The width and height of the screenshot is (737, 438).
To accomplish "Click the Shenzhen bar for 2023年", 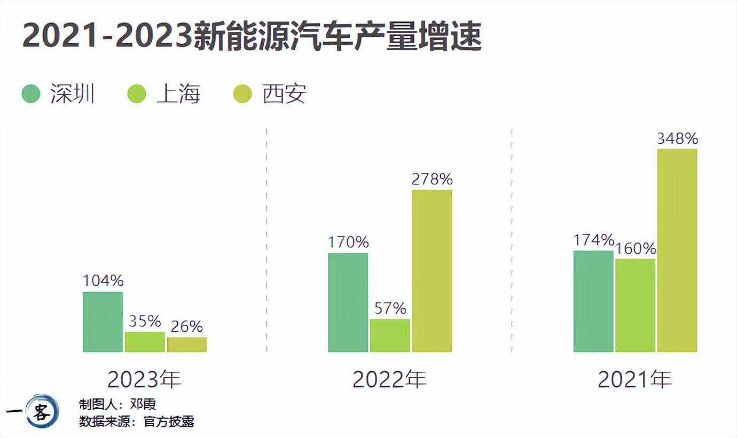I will point(103,322).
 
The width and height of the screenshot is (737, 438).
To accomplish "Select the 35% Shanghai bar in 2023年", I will point(145,342).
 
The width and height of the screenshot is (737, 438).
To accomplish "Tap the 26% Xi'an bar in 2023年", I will point(186,345).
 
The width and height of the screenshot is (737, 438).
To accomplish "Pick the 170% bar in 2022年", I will point(348,302).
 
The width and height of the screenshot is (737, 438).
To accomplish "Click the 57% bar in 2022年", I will point(390,335).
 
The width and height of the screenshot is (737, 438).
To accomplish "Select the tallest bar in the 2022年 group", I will point(432,271).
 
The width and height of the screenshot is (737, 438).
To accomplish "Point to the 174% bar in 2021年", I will point(593,301).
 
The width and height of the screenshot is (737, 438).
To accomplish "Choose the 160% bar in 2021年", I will point(635,306).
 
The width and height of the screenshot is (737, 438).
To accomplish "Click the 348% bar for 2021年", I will point(677,251).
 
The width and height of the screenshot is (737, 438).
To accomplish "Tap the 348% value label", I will point(677,139).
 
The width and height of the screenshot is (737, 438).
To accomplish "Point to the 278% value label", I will point(432,179).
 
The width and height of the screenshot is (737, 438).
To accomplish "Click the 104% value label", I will point(103,281).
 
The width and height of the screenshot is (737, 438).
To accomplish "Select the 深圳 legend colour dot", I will point(31,94).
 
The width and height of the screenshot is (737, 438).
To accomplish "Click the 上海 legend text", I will point(178,94).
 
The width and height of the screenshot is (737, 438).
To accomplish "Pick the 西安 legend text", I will point(284,94).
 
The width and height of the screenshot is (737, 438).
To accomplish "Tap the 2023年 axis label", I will point(144,379).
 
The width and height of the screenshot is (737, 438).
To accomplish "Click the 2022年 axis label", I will point(389,379).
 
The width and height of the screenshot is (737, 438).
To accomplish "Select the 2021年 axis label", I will point(634,379).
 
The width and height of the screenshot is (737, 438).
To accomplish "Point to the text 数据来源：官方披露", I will point(137,421).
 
